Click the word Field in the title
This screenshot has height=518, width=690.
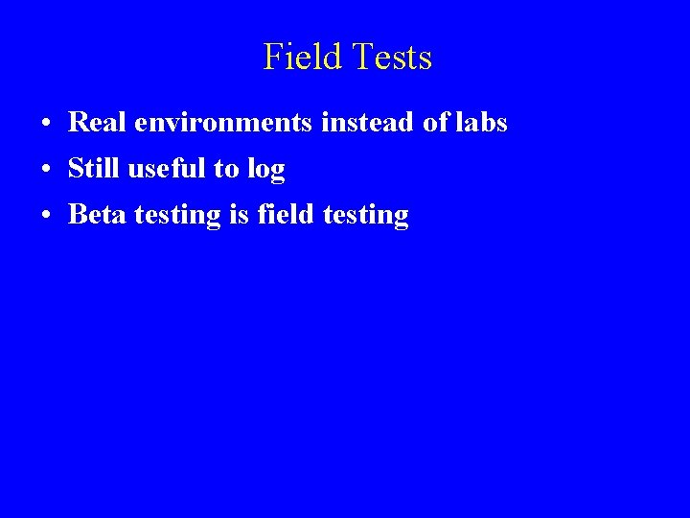pos(301,58)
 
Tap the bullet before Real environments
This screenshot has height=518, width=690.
pos(46,125)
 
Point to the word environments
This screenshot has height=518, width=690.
pos(196,124)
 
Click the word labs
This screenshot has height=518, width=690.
pos(478,123)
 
